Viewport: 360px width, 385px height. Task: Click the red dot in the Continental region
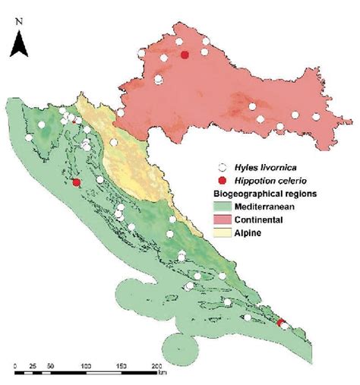coord(185,54)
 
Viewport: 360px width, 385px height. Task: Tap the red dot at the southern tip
coord(280,324)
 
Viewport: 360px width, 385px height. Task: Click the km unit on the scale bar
coord(163,373)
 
